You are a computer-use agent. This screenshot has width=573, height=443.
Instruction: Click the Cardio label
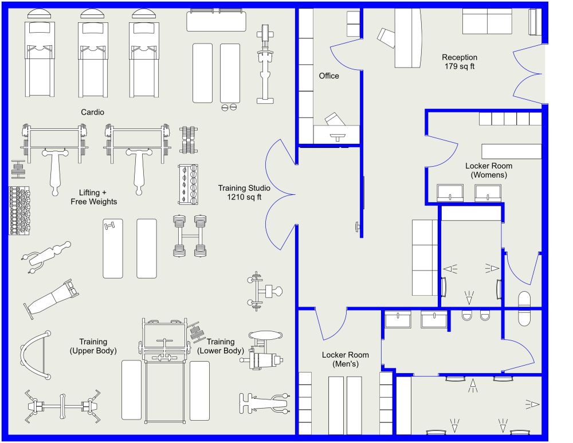(92, 112)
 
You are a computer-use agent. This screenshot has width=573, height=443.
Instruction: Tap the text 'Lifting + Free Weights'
(93, 197)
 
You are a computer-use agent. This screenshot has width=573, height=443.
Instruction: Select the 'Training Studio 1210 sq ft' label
(244, 193)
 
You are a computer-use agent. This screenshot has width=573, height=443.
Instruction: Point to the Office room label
(329, 76)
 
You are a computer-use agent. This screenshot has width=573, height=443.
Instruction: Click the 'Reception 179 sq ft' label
(459, 62)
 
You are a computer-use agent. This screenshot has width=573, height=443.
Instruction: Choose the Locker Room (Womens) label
(489, 170)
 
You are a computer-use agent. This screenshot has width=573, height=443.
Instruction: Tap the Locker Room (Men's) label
(345, 359)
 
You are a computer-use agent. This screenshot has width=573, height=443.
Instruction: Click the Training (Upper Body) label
(93, 346)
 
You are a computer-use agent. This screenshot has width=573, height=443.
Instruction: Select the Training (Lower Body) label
(221, 346)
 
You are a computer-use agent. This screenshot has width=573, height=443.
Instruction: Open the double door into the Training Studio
(281, 195)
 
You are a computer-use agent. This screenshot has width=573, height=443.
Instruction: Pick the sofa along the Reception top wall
(487, 22)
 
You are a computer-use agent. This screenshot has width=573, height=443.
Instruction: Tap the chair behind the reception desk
(387, 38)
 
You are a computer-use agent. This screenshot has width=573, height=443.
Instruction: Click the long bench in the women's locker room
(511, 151)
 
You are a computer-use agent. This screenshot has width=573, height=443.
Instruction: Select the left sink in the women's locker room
(450, 193)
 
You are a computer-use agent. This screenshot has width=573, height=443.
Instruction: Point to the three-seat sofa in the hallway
(425, 257)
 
